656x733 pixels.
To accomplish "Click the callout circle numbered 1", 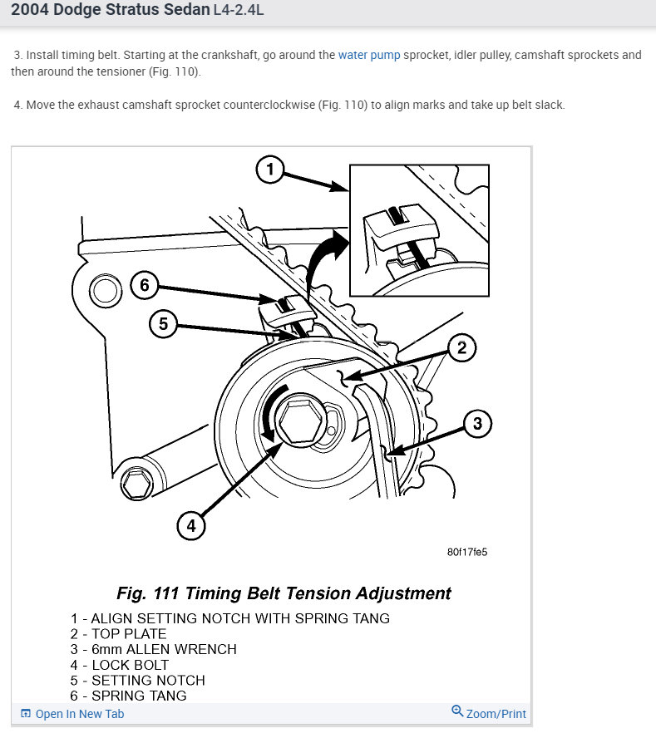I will pos(270,170).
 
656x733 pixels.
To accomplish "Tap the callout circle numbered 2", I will pos(461,347).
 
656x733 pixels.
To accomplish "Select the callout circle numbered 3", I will pos(477,424).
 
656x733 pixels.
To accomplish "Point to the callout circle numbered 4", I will pos(191,525).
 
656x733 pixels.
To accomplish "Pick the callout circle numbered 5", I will pos(163,323).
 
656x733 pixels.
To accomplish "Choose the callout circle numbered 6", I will pos(144,286).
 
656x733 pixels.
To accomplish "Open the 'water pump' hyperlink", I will pos(369,55).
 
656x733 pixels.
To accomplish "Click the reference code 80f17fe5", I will pos(466,552).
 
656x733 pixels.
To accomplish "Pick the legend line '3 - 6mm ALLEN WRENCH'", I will pos(154,649).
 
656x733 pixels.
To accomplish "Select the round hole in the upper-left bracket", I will pos(104,290).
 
